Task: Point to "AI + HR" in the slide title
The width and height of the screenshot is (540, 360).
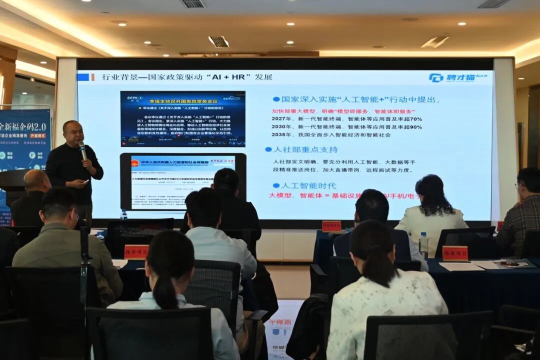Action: [x=230, y=77]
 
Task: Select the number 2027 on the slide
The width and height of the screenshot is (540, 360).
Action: [x=281, y=119]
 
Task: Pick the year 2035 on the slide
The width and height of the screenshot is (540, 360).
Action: [x=281, y=135]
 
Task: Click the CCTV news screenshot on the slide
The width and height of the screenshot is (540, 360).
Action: [x=182, y=118]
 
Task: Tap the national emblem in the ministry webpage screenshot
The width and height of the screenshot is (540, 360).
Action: [x=135, y=163]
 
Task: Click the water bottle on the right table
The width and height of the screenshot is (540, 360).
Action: [x=423, y=245]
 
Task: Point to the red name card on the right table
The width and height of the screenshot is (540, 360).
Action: [x=454, y=253]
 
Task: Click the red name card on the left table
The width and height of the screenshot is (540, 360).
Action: [x=136, y=251]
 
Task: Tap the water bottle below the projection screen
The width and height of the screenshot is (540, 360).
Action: [x=123, y=214]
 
